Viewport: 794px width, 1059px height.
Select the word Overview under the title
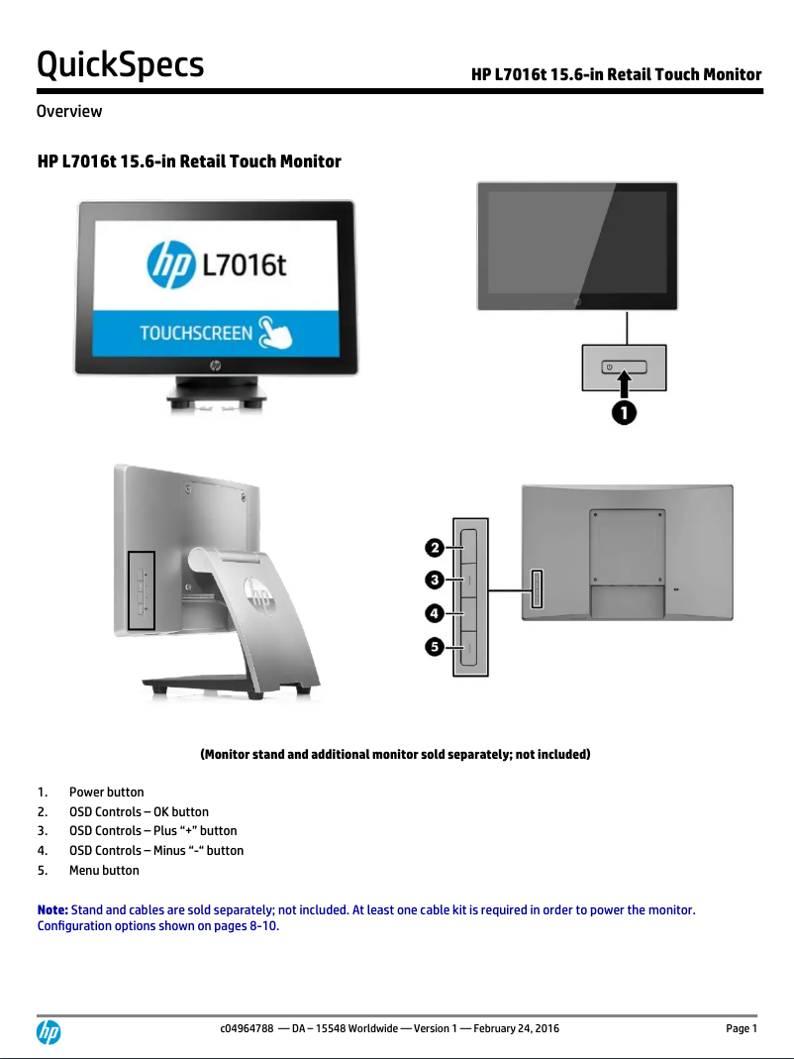(68, 111)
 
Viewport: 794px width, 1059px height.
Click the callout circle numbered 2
(435, 547)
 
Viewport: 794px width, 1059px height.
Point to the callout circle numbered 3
(435, 579)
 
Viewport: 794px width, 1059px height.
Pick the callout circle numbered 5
(435, 647)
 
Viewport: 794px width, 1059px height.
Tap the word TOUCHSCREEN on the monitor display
(196, 333)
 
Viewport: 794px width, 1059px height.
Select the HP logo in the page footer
(49, 1032)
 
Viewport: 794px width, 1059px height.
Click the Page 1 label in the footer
(741, 1028)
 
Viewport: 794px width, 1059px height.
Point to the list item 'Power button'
(106, 793)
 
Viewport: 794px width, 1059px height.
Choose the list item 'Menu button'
(104, 871)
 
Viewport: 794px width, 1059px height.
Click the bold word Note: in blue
(52, 909)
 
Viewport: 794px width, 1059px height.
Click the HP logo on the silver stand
(257, 596)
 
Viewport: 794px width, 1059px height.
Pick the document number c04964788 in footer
(247, 1028)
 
